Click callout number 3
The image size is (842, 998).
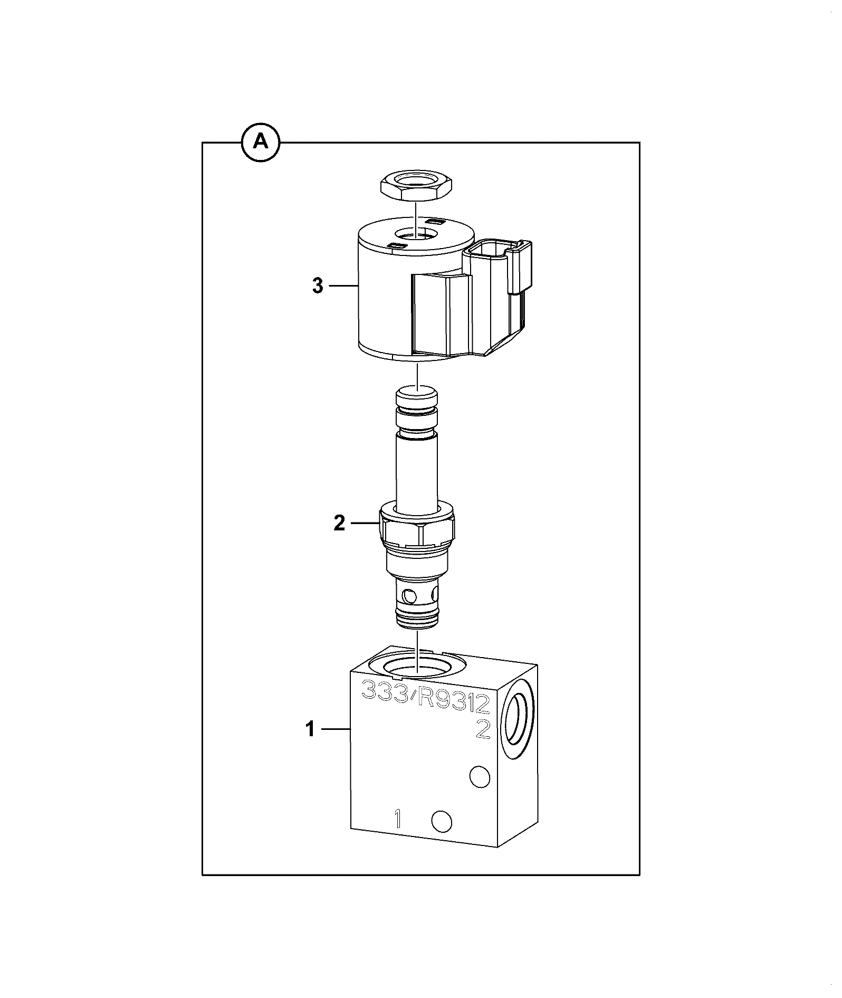click(x=317, y=286)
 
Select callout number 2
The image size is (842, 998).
click(x=339, y=523)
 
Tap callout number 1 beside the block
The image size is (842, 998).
click(x=310, y=729)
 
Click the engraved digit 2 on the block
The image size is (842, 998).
click(x=483, y=729)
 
